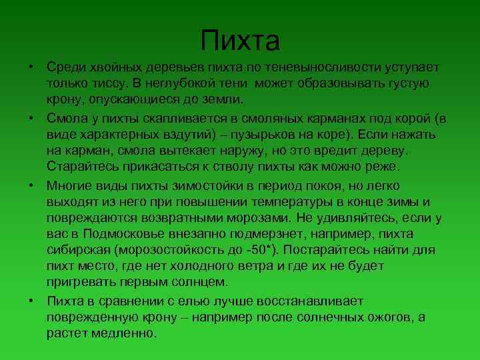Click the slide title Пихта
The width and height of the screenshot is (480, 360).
pos(240,41)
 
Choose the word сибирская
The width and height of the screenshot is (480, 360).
pos(79,250)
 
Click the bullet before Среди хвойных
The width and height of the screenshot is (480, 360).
pos(31,68)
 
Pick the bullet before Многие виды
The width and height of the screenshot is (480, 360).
pos(31,185)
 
